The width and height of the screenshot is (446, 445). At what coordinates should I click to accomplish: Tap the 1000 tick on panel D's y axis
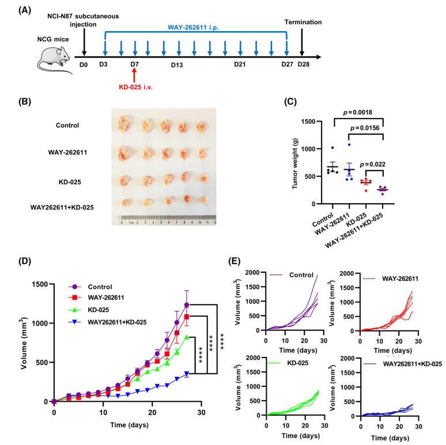pos(37,323)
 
